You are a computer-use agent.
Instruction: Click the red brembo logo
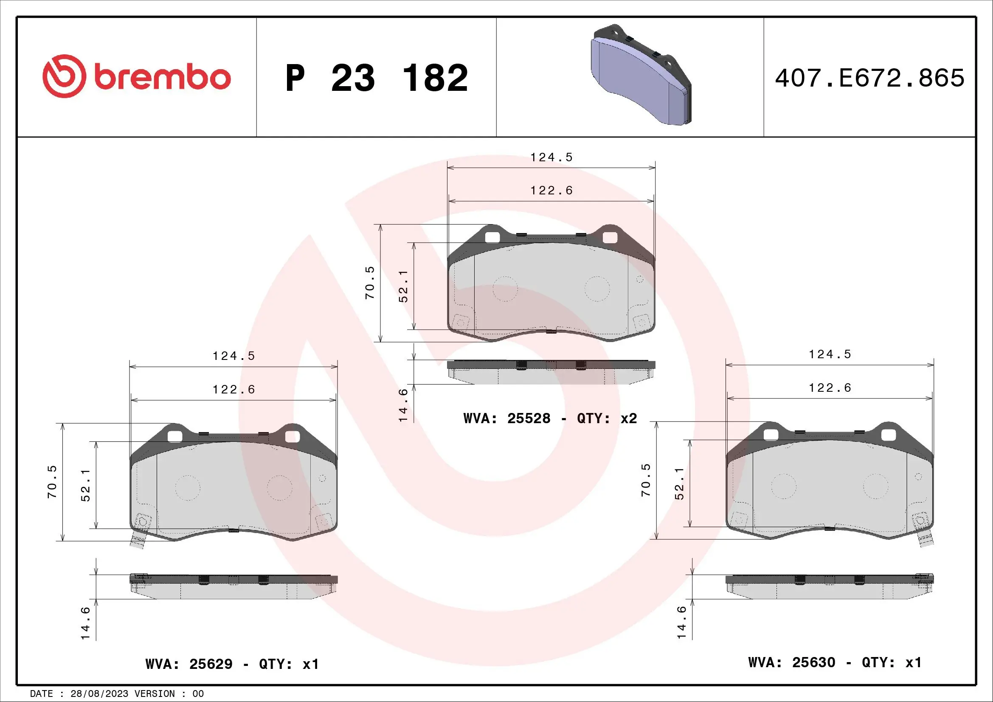[136, 76]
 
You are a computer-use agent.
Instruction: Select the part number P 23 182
[376, 78]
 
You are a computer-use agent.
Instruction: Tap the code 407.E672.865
[869, 78]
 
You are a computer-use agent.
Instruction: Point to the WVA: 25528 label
[506, 418]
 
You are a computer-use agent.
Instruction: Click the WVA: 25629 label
[189, 664]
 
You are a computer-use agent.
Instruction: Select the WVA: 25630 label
[791, 662]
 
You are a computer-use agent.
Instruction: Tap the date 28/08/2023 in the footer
[99, 694]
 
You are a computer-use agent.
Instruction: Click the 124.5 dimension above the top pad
[551, 157]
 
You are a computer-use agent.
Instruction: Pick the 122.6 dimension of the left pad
[233, 390]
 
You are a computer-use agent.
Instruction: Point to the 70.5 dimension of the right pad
[646, 480]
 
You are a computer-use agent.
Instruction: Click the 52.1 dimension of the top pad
[403, 286]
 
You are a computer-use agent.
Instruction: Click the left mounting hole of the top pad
[492, 237]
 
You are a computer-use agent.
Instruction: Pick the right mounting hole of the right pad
[888, 435]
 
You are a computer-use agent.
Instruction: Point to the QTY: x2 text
[607, 418]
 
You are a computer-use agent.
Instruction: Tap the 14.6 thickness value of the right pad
[682, 622]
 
